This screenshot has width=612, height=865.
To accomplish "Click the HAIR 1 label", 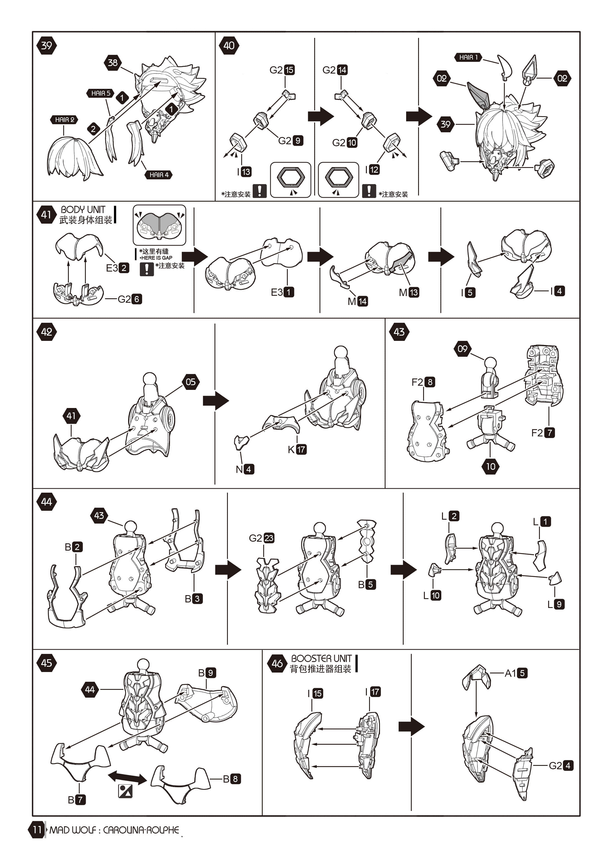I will tap(468, 57).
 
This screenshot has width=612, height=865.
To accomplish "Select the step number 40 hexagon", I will tap(229, 46).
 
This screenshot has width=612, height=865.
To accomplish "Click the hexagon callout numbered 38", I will tap(113, 63).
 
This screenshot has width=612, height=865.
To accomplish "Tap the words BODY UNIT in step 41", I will tap(83, 209).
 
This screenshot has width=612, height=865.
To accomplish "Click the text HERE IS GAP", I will tap(156, 258).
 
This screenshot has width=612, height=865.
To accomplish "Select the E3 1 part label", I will tap(282, 292).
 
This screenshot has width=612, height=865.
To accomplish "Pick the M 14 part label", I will tap(357, 301).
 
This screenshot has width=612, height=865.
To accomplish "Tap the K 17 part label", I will tap(297, 449).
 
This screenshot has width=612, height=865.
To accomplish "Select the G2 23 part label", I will tap(262, 538).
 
